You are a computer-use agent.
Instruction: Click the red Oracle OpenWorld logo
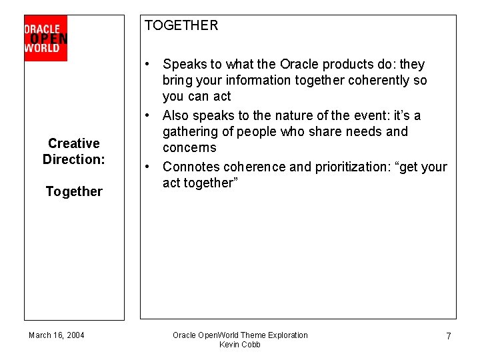(45, 38)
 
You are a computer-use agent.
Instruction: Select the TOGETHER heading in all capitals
(181, 25)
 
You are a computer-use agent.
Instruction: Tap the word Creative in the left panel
(74, 143)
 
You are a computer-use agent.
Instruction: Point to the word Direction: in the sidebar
(74, 159)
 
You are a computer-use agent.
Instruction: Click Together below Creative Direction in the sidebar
(74, 192)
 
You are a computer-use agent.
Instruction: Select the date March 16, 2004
(57, 335)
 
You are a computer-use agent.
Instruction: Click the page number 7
(449, 337)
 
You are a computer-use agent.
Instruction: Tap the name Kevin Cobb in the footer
(240, 345)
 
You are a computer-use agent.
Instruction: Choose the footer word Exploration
(288, 335)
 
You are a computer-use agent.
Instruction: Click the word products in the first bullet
(340, 65)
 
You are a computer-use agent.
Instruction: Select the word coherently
(380, 81)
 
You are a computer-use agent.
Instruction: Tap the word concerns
(189, 148)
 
